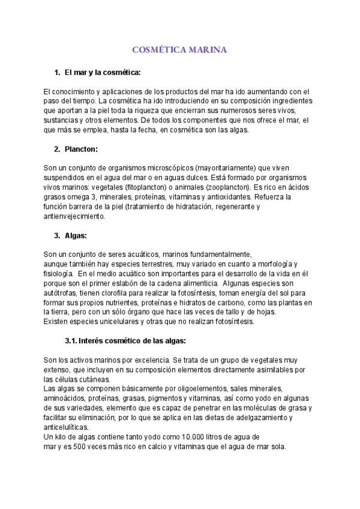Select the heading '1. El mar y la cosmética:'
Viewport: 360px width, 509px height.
[102, 73]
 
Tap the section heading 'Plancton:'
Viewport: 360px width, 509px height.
[81, 148]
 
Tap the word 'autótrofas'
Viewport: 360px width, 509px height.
[62, 292]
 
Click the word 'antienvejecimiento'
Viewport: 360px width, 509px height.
[74, 215]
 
